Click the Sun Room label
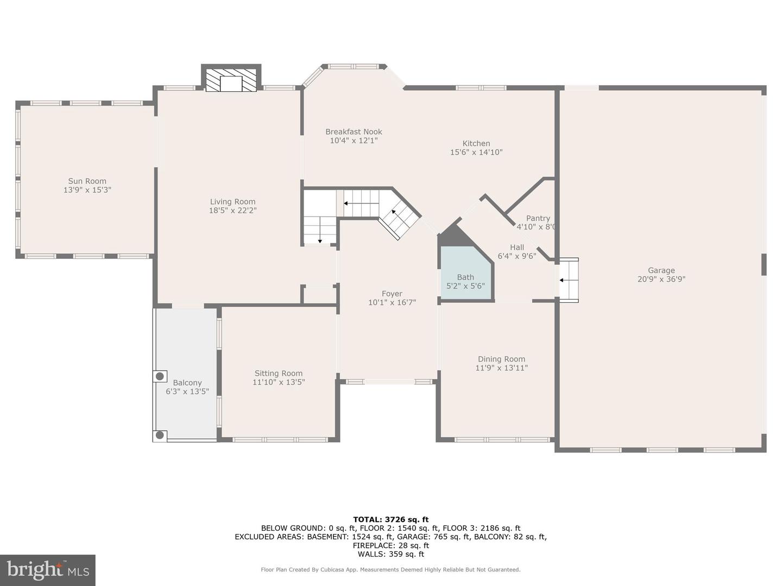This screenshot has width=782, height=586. coord(87,181)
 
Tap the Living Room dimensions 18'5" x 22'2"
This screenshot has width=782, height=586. coord(232,211)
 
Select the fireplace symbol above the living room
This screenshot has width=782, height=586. coord(231,81)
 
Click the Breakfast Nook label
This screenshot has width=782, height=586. coord(354,132)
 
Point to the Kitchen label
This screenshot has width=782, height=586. coord(476,144)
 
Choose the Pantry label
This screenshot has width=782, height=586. coord(538,218)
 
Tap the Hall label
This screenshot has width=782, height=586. coord(517,247)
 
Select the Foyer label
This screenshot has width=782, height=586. coord(392,294)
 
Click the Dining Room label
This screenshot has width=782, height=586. coord(501,359)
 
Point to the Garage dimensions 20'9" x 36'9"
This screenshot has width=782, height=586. coord(661,279)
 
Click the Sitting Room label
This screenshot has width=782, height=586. coord(279,373)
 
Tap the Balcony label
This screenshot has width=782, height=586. coord(187,383)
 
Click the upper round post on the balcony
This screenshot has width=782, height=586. coord(160,376)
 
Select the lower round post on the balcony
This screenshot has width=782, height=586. coord(160,435)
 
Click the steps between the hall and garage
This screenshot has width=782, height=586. coord(569,280)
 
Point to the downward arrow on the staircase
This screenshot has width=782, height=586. coord(320,235)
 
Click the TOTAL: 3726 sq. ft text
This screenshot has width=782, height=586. coord(390,519)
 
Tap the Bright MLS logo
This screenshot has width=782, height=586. coord(48,570)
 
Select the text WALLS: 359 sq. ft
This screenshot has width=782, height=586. coord(390,554)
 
